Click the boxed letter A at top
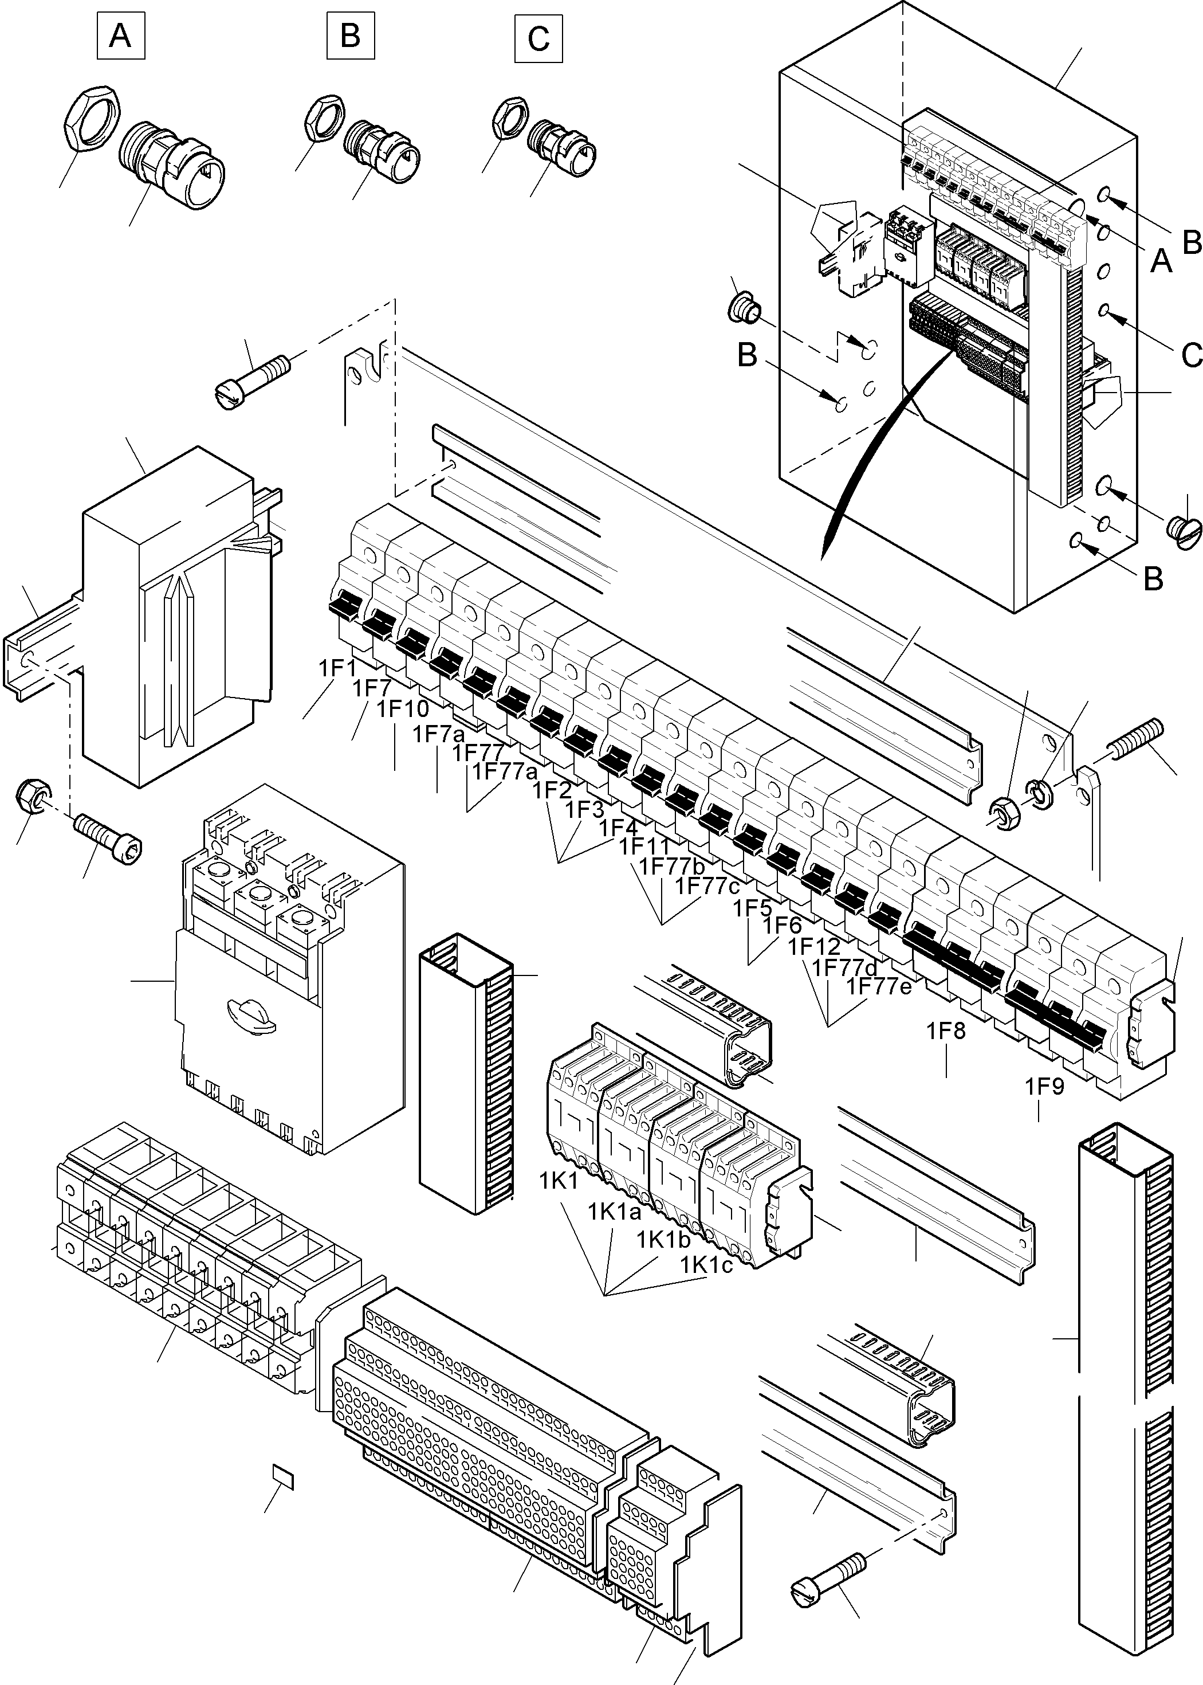(121, 36)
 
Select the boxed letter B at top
(351, 36)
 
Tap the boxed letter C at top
(538, 38)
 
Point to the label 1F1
(338, 668)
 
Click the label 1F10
(402, 709)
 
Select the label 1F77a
(506, 771)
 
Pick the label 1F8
(947, 1030)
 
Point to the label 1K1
(559, 1181)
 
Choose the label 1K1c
(707, 1265)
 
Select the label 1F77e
(879, 986)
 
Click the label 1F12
(814, 947)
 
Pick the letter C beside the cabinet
(1190, 356)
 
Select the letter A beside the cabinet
(1160, 260)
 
